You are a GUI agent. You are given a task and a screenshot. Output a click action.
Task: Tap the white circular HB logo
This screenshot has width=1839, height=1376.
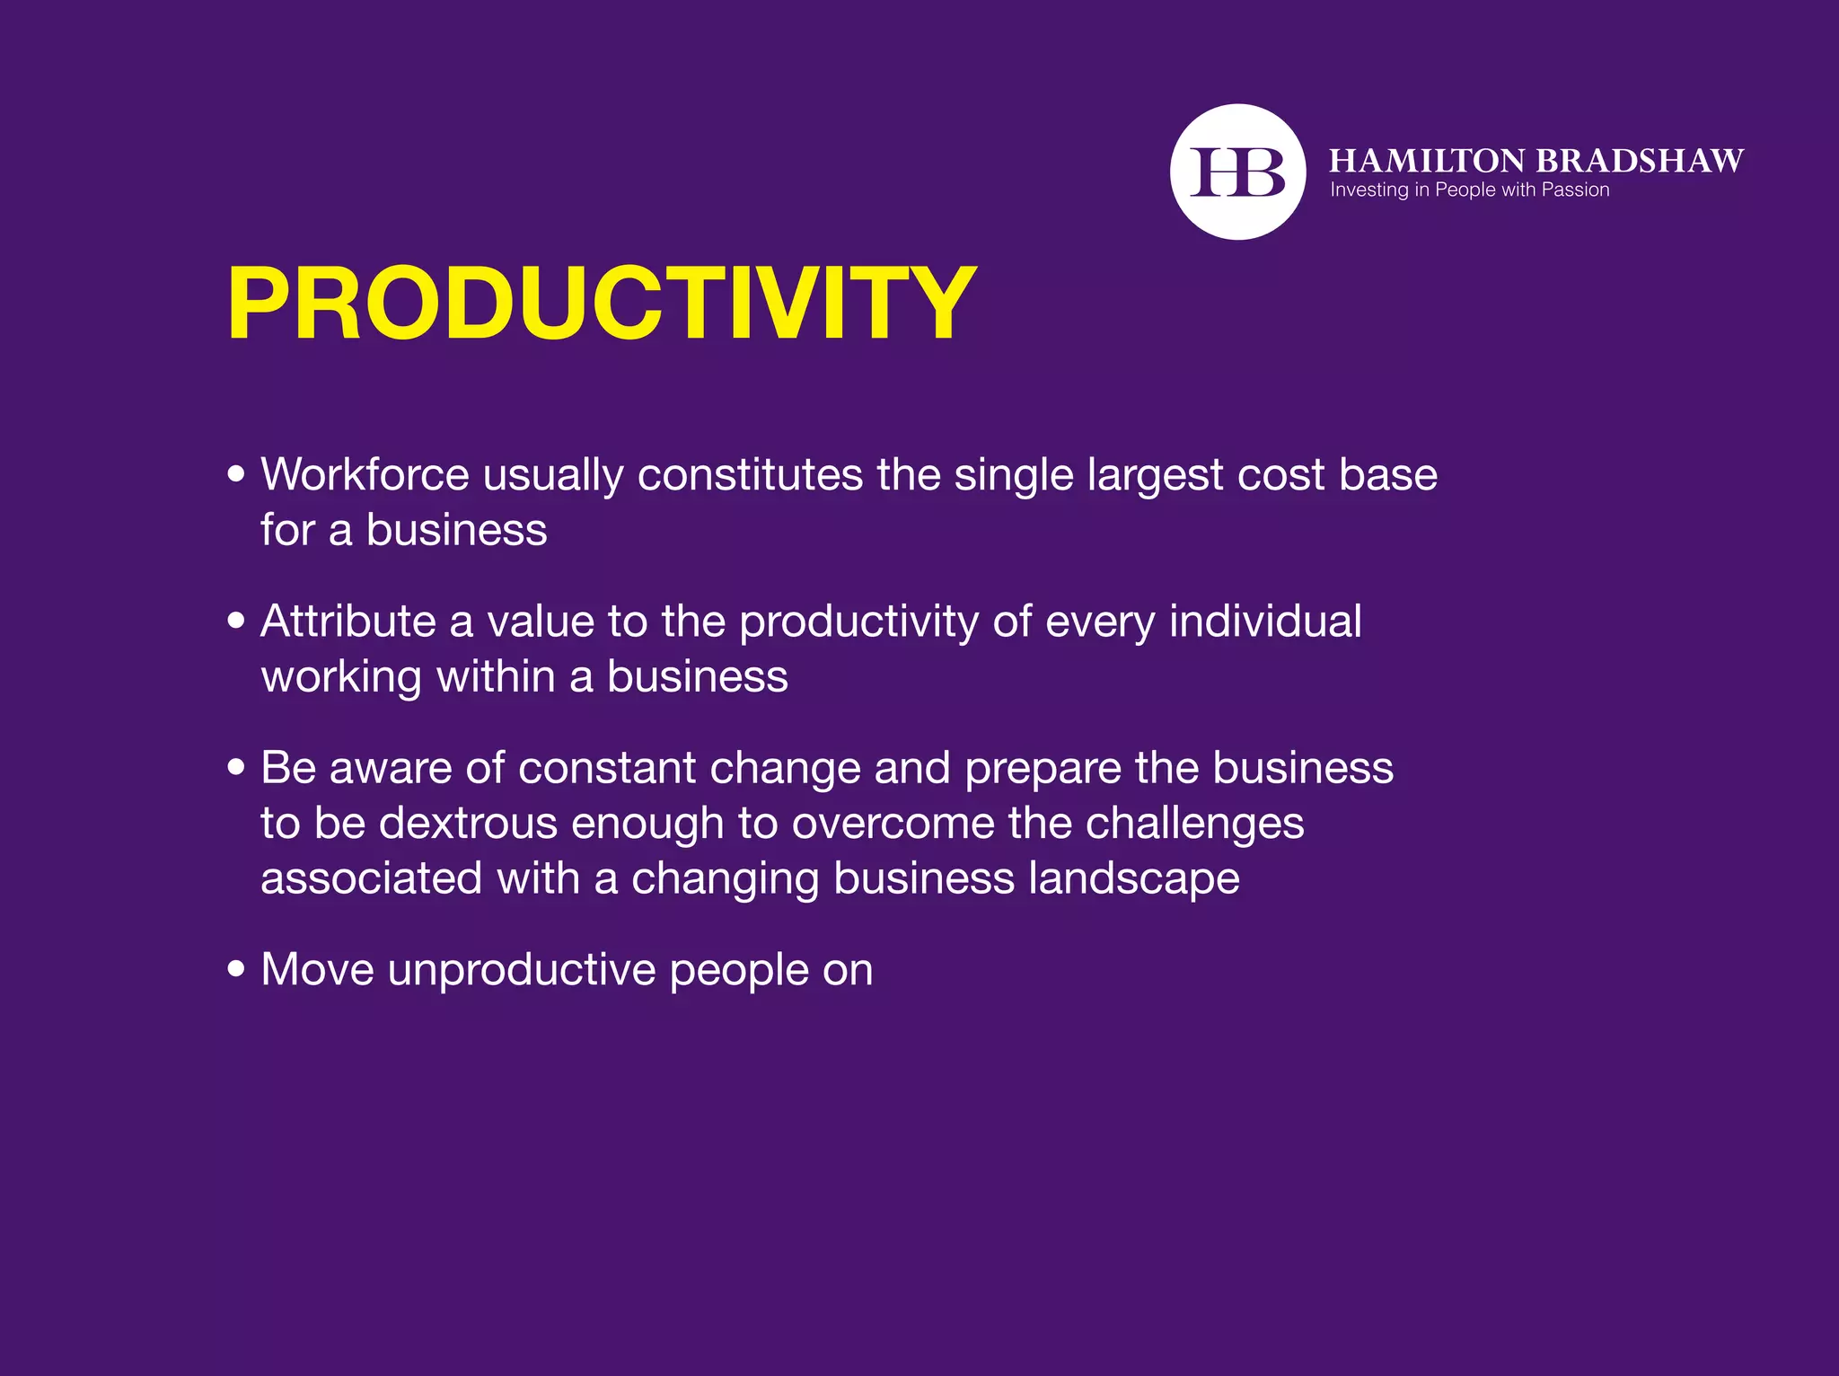[x=1237, y=172]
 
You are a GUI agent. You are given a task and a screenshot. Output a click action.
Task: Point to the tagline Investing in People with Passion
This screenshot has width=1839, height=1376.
[x=1469, y=190]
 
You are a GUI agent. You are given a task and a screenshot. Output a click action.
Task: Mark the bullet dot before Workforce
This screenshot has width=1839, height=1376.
[x=236, y=473]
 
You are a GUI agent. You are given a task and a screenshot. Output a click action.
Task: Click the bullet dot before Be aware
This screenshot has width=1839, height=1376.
[x=236, y=767]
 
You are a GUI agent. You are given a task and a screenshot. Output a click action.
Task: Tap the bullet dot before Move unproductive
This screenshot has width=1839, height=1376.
[x=236, y=969]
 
